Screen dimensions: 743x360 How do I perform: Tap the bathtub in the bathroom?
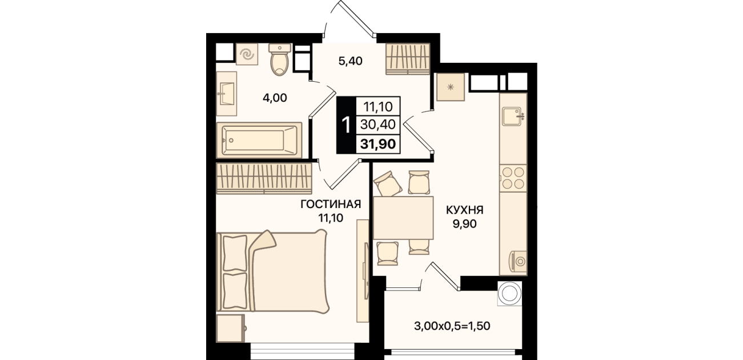coord(259,140)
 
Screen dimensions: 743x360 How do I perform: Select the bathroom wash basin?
coord(227,94)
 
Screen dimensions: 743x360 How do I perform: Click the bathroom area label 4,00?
coord(275,98)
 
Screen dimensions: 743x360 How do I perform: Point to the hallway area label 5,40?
coord(350,61)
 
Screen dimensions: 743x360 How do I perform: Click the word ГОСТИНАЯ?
coord(331,204)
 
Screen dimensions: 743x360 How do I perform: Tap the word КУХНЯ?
coord(465,210)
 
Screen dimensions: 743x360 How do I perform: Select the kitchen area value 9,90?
coord(465,224)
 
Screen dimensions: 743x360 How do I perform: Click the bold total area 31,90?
coord(378,144)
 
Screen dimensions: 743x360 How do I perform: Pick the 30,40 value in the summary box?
coord(378,125)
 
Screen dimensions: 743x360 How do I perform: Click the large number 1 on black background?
coord(346,125)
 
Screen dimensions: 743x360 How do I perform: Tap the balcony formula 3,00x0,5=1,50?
coord(452,326)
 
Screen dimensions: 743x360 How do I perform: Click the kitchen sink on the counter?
coord(513,116)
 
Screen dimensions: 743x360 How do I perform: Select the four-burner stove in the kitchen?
coord(513,178)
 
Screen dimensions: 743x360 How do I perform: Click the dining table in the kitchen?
coord(403,218)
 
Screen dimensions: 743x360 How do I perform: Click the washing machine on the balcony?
coord(509,293)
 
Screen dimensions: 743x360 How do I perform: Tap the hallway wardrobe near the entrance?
coord(408,59)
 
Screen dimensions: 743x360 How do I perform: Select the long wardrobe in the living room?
coord(264,178)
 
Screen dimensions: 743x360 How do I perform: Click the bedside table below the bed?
coord(231,328)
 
